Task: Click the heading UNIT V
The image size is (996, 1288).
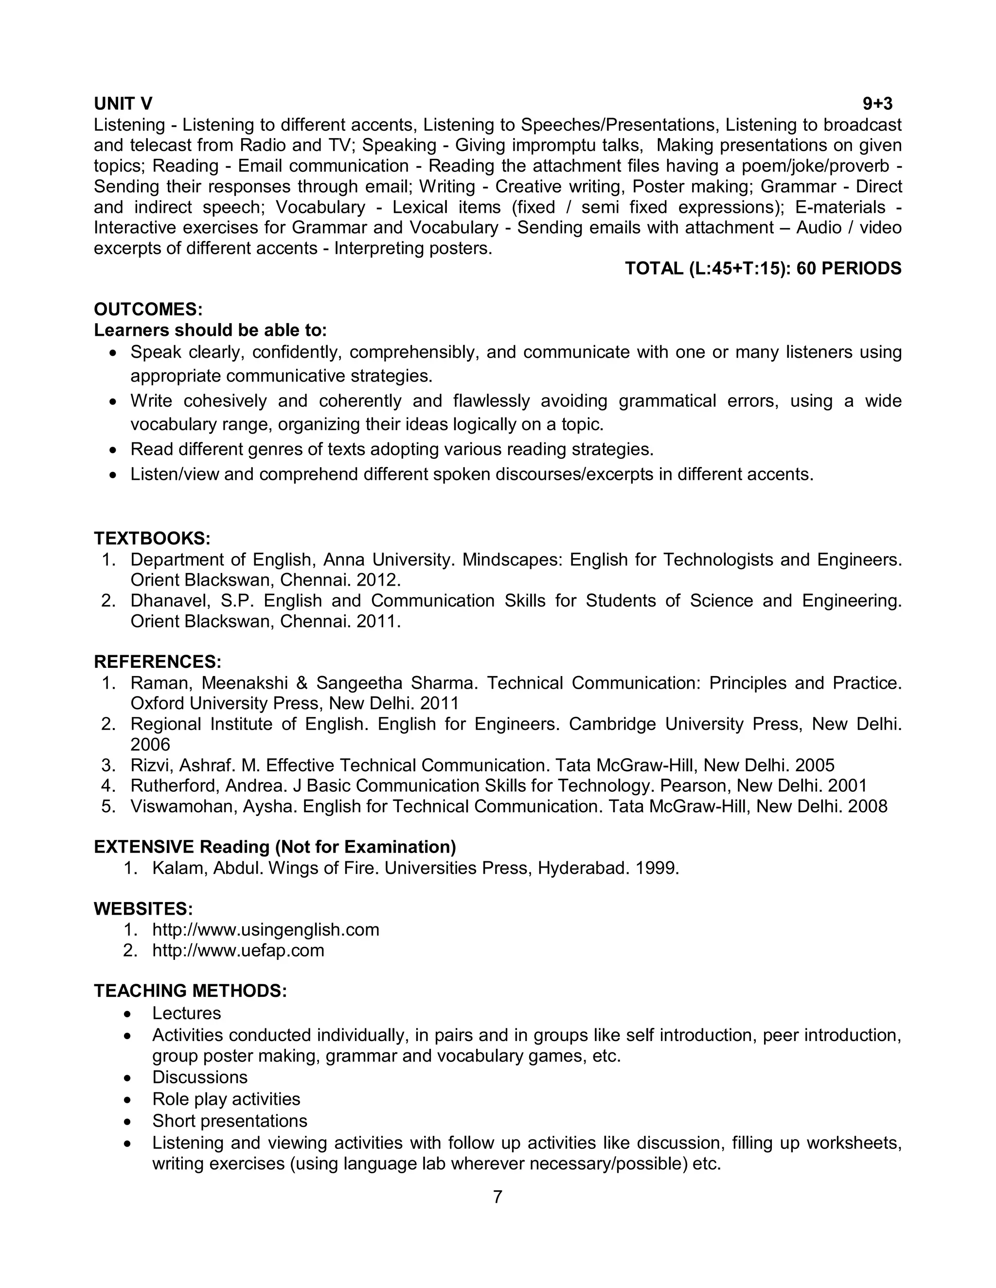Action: [123, 104]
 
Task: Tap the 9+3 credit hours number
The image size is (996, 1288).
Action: [877, 104]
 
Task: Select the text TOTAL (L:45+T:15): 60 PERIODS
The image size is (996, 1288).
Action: [763, 268]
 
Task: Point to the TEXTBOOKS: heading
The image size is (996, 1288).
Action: [152, 538]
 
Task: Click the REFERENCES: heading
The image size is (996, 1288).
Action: [158, 661]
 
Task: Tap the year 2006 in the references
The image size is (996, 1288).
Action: [150, 744]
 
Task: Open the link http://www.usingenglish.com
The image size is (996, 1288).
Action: [266, 930]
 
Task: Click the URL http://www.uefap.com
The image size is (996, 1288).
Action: [238, 951]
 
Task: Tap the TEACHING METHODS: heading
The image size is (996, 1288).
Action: [190, 991]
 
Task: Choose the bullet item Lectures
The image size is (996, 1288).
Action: [186, 1013]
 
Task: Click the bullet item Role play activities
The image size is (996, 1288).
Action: [226, 1099]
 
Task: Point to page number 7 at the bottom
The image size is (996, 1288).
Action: [498, 1197]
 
